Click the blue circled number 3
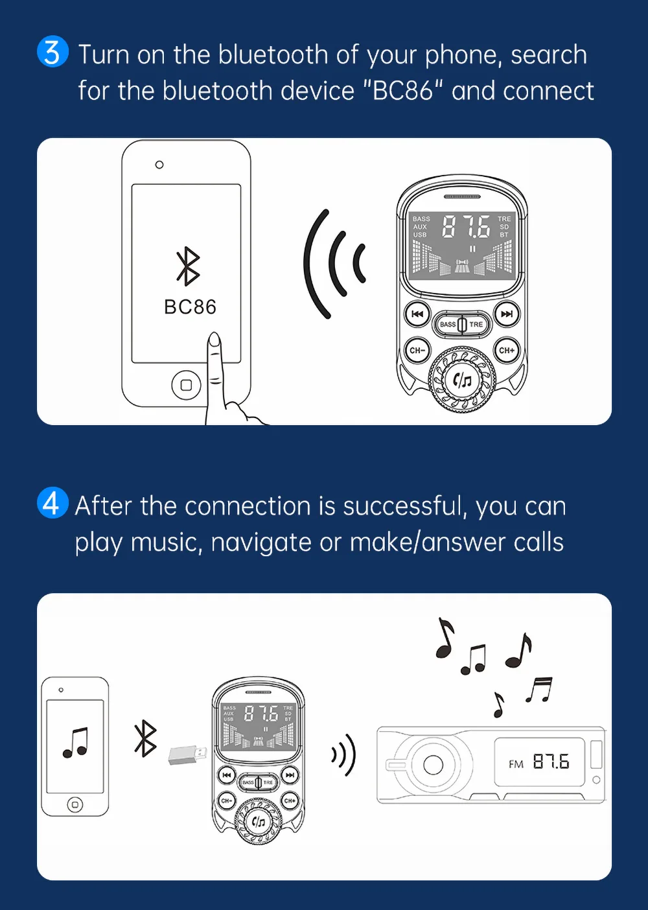(52, 52)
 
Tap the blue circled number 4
(52, 503)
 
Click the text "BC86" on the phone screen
(190, 307)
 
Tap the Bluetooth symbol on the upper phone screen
(188, 266)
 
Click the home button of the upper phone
(186, 385)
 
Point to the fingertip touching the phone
(214, 340)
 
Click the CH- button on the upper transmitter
(417, 351)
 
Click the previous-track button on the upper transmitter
(417, 314)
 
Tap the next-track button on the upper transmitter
(507, 314)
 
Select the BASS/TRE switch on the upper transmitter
(462, 324)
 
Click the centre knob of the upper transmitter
(462, 380)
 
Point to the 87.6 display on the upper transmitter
(466, 227)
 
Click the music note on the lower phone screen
(76, 743)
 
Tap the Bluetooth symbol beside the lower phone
(145, 738)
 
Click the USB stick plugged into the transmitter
(188, 754)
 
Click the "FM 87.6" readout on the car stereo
(539, 762)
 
